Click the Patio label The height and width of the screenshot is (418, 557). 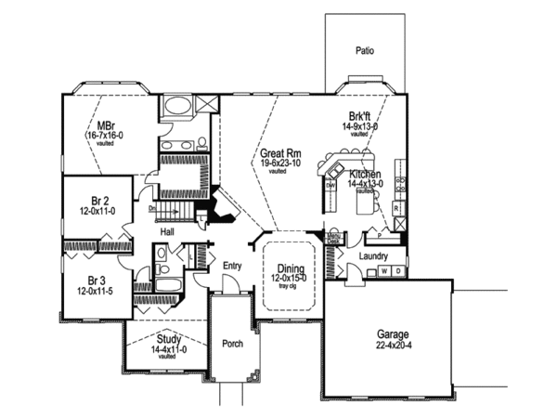pos(365,51)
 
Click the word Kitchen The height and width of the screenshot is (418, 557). pos(366,174)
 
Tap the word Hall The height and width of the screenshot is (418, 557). pos(168,231)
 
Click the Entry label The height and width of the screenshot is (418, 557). pos(232,266)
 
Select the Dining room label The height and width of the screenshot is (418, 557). pos(289,268)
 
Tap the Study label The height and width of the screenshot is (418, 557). pos(167,340)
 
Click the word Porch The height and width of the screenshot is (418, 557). pos(233,343)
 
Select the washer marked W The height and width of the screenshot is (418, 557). pos(384,271)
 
